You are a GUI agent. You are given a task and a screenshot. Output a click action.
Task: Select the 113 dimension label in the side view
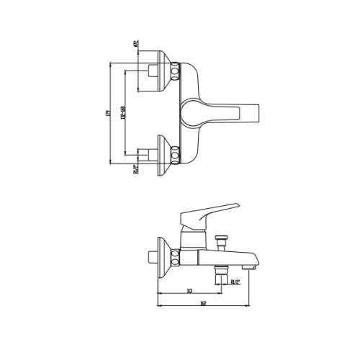(x=188, y=291)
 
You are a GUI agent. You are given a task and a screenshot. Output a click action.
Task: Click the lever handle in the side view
(x=209, y=212)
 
